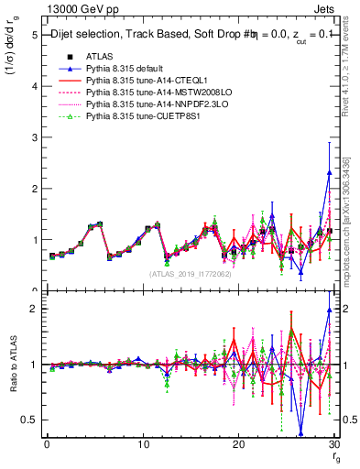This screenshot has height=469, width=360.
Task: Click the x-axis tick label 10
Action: [x=143, y=445]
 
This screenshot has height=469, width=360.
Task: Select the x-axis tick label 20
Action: [x=239, y=445]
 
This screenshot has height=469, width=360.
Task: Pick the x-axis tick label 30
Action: [x=334, y=445]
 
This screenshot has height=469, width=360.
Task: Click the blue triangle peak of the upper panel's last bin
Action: [x=329, y=172]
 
